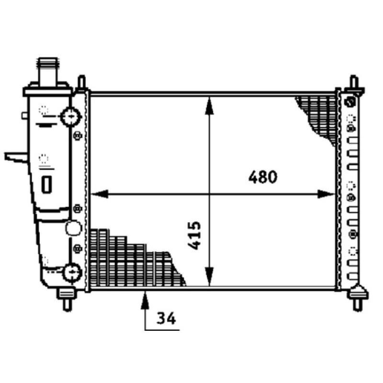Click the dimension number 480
click(x=263, y=177)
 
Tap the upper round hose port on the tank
click(x=70, y=115)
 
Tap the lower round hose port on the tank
click(x=72, y=272)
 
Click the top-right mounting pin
click(x=354, y=83)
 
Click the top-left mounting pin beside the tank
click(x=82, y=83)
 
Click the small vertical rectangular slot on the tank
click(x=47, y=184)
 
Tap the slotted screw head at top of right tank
click(x=350, y=102)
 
